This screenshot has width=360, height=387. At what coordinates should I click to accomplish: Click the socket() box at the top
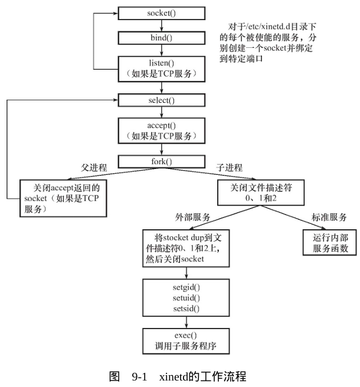tap(162, 13)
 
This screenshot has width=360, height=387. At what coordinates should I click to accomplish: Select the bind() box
tap(162, 38)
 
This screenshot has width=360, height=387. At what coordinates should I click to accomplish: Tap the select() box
tap(162, 100)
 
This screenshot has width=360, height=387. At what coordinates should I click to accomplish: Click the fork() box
tap(162, 162)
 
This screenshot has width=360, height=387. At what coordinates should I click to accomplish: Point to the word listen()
tap(162, 63)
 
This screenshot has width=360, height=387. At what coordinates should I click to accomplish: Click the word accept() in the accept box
tap(162, 125)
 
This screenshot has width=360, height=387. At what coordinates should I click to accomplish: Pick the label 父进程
tap(94, 168)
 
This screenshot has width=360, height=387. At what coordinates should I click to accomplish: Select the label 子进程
tap(230, 168)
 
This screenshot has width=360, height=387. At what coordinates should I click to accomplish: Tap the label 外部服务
tap(192, 217)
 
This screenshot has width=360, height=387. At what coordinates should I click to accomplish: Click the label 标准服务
tap(329, 217)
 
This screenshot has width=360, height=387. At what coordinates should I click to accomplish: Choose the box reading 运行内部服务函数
tap(330, 242)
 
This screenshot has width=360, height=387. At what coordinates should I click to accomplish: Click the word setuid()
tap(186, 298)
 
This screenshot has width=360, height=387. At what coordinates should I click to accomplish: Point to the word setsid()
tap(186, 308)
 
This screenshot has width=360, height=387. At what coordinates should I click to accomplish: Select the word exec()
tap(186, 335)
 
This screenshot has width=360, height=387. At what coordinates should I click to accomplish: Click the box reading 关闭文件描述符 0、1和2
tap(261, 193)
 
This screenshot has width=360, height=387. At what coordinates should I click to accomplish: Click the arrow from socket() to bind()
tap(162, 25)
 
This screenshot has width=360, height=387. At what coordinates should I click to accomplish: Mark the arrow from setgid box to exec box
tap(186, 323)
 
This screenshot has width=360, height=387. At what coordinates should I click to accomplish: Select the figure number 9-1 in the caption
tap(139, 376)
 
